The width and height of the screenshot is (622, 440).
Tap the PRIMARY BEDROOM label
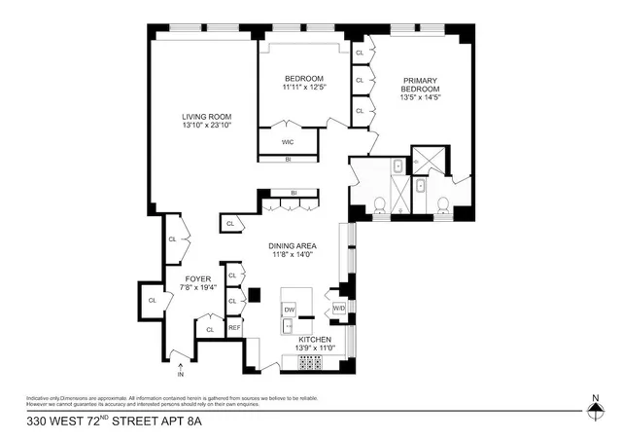(x=421, y=84)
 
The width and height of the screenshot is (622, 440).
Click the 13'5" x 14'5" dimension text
(x=421, y=97)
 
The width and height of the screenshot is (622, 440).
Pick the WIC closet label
(x=288, y=142)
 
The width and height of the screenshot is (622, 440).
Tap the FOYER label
(x=198, y=278)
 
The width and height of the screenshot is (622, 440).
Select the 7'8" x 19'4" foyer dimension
(x=198, y=288)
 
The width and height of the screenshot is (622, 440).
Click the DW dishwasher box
(x=289, y=310)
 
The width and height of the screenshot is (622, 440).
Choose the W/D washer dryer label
(x=338, y=309)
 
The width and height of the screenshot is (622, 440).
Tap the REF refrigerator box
(x=234, y=328)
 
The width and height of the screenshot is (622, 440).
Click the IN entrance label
(x=180, y=374)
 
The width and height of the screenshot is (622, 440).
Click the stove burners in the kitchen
(x=309, y=364)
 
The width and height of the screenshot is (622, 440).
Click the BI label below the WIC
(x=288, y=159)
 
